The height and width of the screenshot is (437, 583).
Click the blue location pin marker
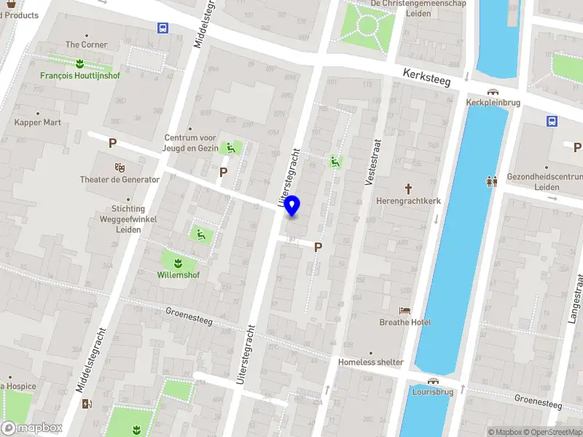292,206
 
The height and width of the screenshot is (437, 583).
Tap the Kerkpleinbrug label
493,103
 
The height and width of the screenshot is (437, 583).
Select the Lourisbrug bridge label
434,391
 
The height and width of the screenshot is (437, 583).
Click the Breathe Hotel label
405,322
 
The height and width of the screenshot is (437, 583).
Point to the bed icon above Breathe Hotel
405,310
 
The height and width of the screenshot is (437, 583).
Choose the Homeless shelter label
370,362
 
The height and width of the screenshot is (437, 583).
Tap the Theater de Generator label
120,179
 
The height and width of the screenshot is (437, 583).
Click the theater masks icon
120,168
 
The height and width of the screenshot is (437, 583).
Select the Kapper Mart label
38,122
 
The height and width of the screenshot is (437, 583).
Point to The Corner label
86,44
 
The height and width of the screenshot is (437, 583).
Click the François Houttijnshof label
80,74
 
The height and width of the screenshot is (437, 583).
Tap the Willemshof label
178,275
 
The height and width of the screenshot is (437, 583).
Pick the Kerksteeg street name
427,76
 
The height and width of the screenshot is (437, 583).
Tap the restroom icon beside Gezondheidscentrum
492,181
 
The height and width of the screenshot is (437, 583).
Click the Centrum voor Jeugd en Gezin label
190,142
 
